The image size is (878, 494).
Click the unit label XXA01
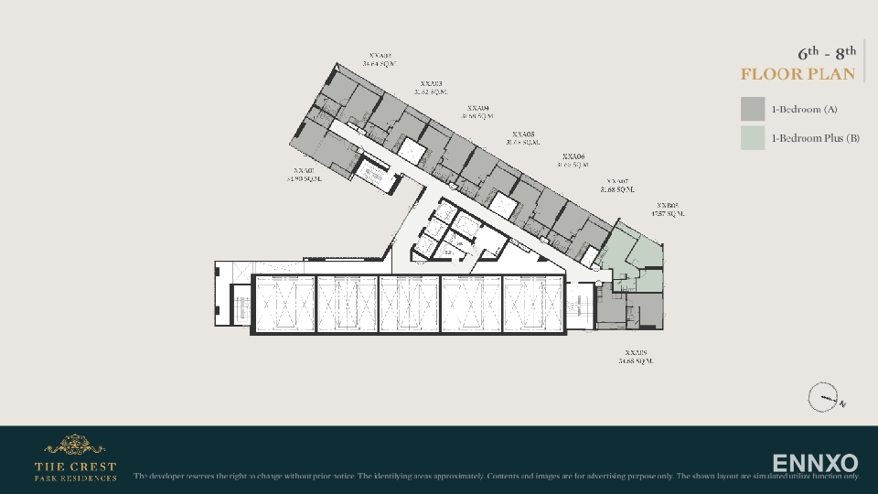click(304, 170)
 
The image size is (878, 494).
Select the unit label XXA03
click(430, 83)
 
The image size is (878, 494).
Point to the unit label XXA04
click(477, 108)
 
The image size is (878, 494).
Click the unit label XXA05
click(523, 134)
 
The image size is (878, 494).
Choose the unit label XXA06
click(573, 156)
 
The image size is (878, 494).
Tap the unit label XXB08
click(667, 206)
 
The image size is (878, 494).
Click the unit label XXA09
click(636, 352)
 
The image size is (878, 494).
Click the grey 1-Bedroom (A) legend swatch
click(752, 109)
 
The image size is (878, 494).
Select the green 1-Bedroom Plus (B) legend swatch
click(752, 138)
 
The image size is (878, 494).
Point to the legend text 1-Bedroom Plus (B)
click(815, 138)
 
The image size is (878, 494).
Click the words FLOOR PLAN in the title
click(798, 74)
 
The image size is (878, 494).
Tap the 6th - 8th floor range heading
click(827, 52)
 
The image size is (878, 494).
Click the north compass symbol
click(823, 398)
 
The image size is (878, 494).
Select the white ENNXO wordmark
click(815, 462)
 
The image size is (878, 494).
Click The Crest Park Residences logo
click(75, 458)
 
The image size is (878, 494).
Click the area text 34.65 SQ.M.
click(636, 361)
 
